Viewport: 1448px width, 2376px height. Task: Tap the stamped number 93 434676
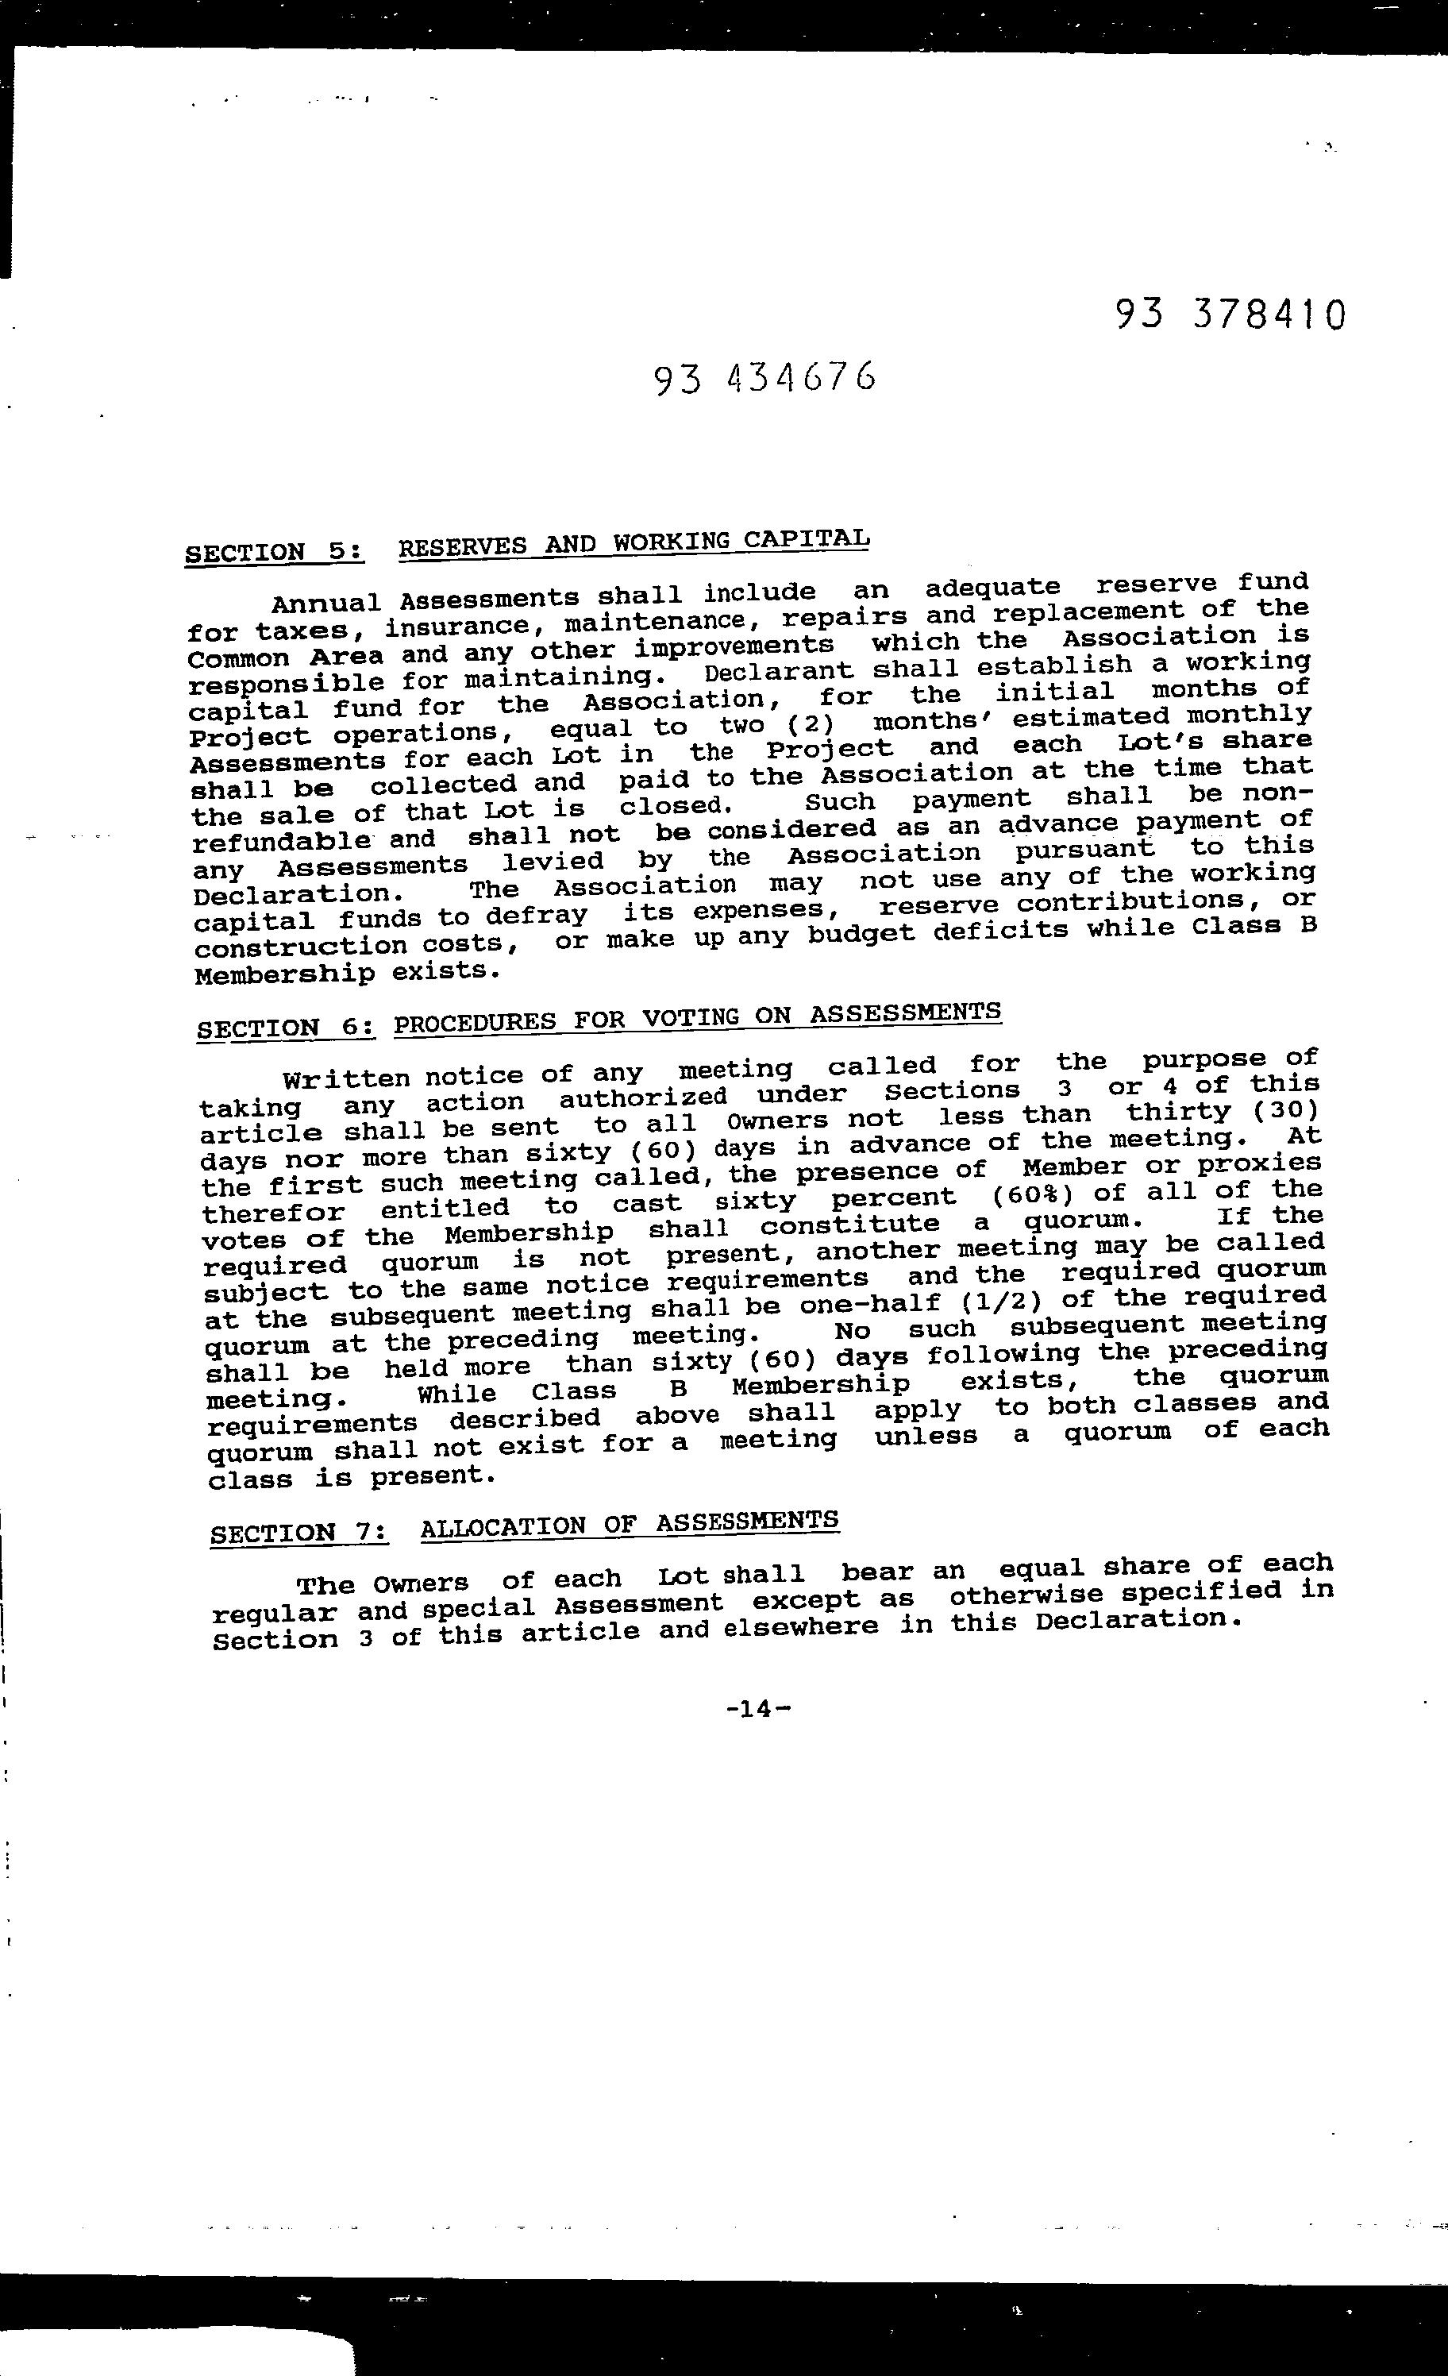[x=764, y=379]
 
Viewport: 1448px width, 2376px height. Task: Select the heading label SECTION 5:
[x=275, y=553]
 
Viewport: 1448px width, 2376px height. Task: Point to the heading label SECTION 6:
[x=285, y=1028]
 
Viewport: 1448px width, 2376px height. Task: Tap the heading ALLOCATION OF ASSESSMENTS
[x=630, y=1524]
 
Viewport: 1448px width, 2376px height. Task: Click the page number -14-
[x=758, y=1709]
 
